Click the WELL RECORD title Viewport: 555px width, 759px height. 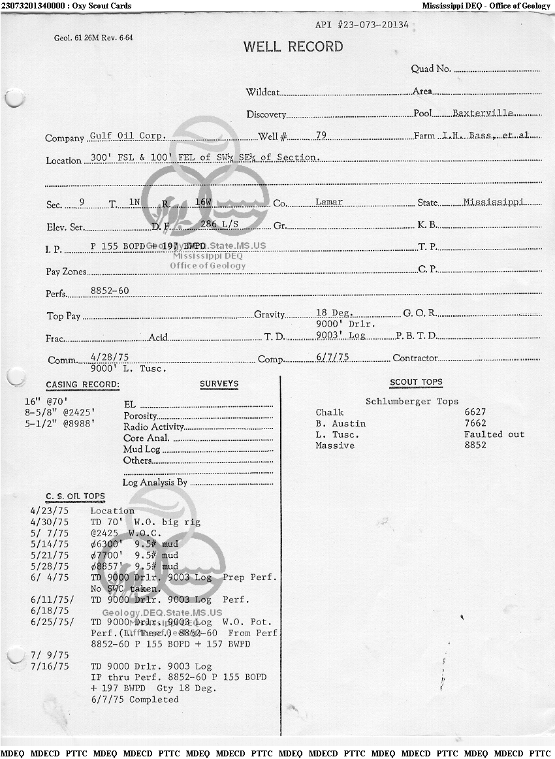(x=293, y=47)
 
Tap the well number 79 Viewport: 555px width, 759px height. (x=321, y=135)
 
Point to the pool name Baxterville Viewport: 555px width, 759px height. (x=483, y=113)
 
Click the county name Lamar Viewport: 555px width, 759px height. (x=328, y=202)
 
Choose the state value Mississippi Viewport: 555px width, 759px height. (x=493, y=202)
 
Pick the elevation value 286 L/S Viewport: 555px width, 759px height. (x=218, y=224)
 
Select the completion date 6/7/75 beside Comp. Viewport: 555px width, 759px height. (x=332, y=357)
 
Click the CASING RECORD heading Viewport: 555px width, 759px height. (x=82, y=385)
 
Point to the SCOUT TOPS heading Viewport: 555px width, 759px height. (x=416, y=382)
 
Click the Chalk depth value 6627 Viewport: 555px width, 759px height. (x=475, y=412)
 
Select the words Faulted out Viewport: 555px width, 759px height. (x=494, y=434)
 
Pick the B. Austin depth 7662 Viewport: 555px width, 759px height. (x=475, y=423)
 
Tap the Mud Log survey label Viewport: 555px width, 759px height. (x=142, y=449)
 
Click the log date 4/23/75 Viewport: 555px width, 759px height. (x=49, y=511)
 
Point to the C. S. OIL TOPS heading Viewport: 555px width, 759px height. (x=75, y=497)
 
